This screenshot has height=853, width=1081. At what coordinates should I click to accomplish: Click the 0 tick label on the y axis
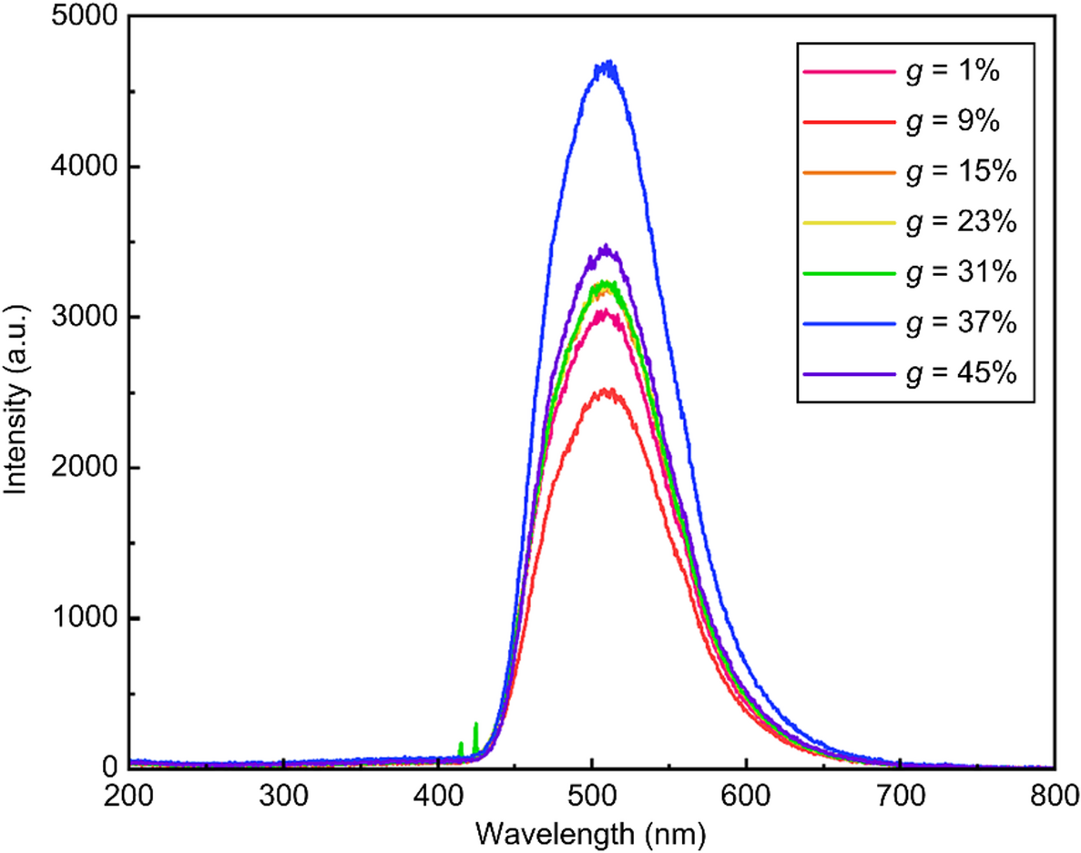[x=109, y=768]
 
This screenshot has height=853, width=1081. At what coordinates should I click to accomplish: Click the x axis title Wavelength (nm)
[x=592, y=833]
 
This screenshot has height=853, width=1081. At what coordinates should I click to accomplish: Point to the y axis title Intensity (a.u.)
[x=16, y=391]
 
